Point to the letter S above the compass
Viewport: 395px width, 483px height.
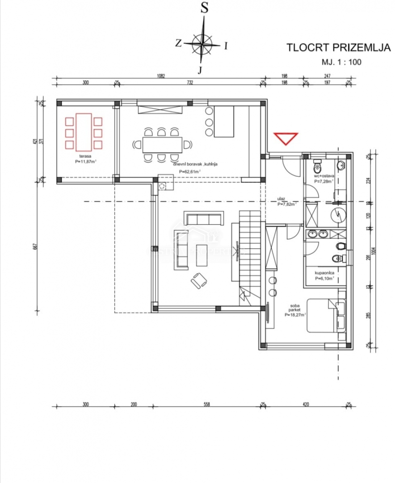point(204,8)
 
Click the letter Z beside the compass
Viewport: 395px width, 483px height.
point(178,43)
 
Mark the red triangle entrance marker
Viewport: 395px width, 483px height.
point(286,139)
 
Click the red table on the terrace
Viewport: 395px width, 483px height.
point(84,132)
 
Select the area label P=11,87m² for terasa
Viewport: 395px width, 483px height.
point(86,161)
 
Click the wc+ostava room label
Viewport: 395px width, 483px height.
point(324,176)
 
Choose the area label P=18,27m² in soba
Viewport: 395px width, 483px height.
point(295,315)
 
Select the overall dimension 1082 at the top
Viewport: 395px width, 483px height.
point(160,76)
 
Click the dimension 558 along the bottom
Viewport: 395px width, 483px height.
point(206,404)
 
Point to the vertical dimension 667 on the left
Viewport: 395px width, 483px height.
point(35,246)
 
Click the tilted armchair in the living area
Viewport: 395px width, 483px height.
point(198,280)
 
